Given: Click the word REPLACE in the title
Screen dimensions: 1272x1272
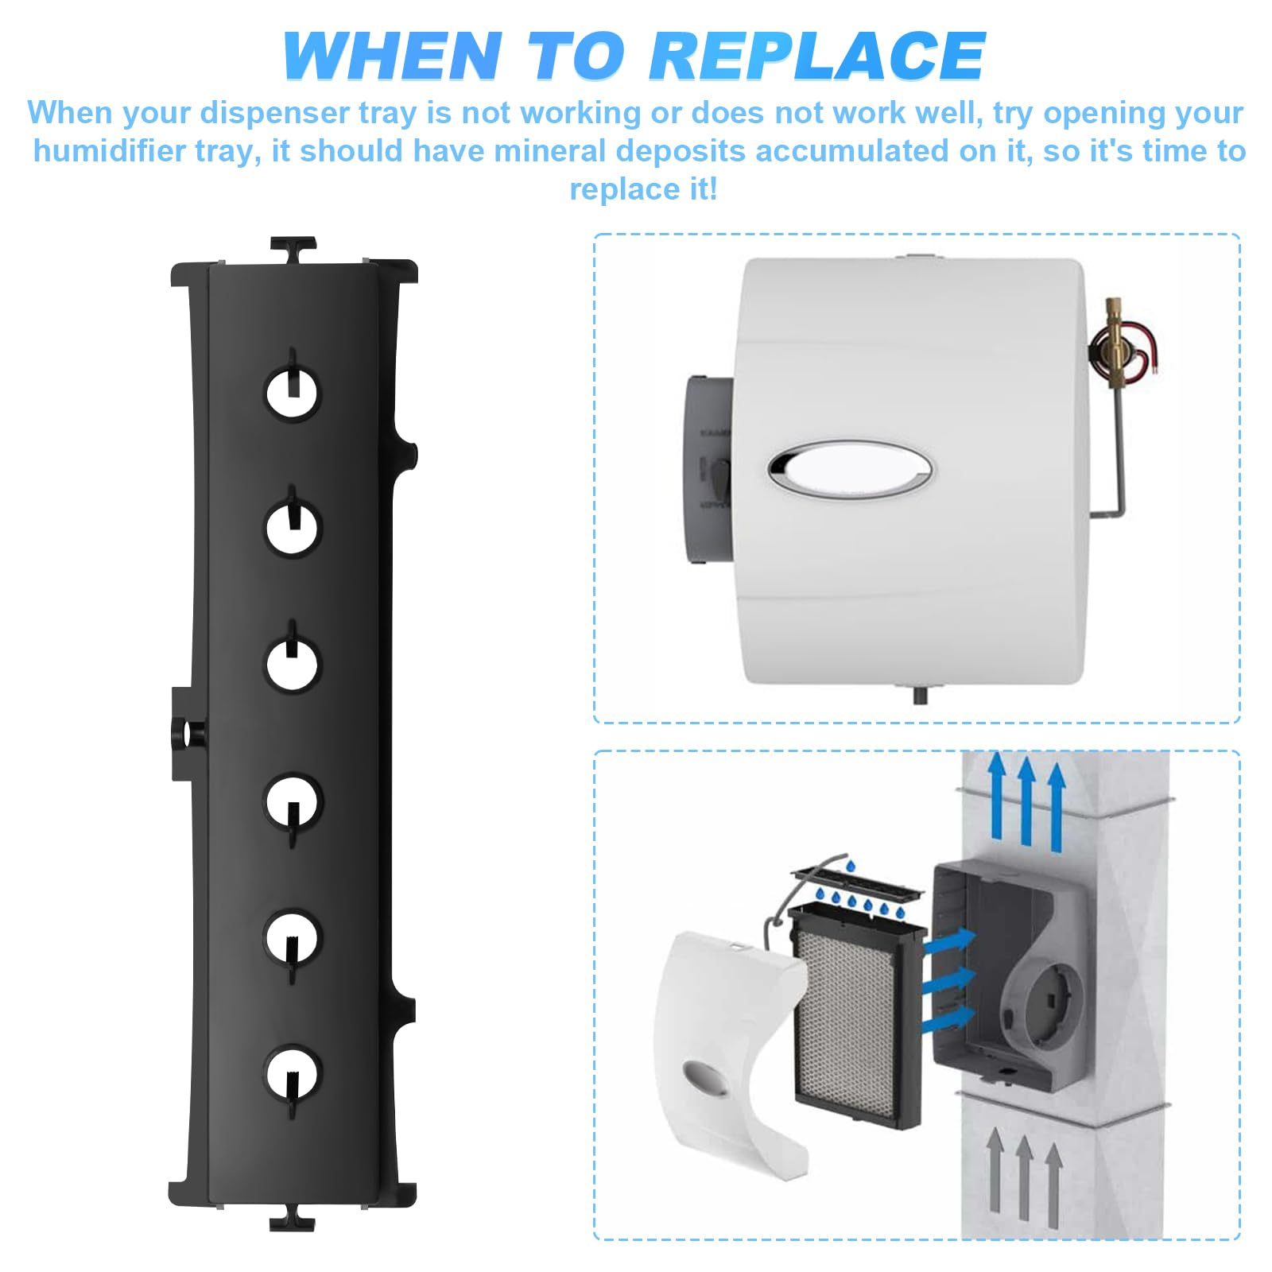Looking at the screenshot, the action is (x=818, y=56).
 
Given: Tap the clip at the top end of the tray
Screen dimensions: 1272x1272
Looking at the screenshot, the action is (x=293, y=249).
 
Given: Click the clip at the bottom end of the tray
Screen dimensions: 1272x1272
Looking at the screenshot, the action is (x=293, y=1217).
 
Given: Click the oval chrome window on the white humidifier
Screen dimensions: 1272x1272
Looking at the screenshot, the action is (x=850, y=470).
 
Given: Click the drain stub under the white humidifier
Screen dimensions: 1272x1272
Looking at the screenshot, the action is (x=921, y=693).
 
